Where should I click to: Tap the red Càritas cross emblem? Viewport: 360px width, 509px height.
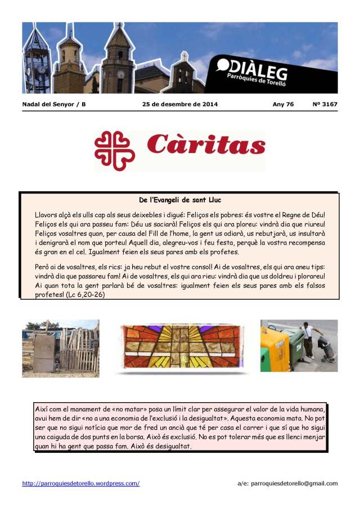(x=115, y=150)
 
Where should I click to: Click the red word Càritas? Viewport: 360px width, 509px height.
(x=206, y=146)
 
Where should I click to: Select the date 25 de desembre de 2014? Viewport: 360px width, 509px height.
(x=180, y=104)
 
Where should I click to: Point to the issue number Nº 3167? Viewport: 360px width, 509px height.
(x=325, y=104)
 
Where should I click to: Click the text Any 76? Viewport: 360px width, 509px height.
(x=283, y=104)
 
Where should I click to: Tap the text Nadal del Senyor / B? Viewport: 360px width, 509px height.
(x=54, y=104)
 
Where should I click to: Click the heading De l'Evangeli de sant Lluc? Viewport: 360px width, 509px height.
(x=180, y=200)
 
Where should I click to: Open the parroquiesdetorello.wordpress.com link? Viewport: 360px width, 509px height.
(x=81, y=483)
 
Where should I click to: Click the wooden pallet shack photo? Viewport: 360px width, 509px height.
(x=60, y=348)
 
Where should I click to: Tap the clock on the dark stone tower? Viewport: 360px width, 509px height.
(x=120, y=74)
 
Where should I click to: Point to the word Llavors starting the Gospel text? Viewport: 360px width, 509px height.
(x=47, y=215)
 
